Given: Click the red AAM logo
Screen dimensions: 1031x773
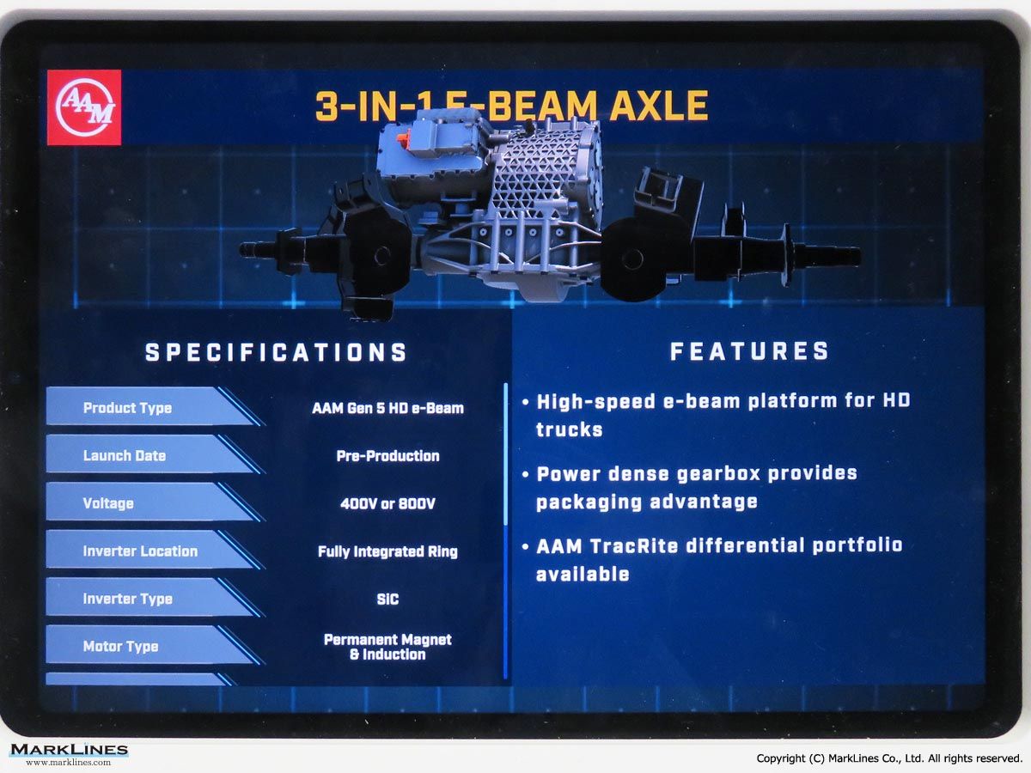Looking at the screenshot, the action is tap(84, 107).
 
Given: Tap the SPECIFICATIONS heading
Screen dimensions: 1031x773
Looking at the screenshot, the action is tap(276, 352).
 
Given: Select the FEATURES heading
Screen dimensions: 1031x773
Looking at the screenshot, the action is tap(749, 351).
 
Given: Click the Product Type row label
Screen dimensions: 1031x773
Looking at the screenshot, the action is tap(127, 408).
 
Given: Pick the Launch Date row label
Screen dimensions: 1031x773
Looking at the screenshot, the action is tap(125, 455).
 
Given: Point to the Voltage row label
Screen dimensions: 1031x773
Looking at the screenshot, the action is tap(108, 503).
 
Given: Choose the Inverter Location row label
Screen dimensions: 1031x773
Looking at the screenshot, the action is tap(140, 551).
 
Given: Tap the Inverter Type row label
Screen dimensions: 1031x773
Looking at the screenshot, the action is tap(128, 599).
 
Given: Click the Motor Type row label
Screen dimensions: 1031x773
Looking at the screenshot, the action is tap(121, 646).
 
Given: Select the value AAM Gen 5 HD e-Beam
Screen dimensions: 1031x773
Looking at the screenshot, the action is tap(387, 408).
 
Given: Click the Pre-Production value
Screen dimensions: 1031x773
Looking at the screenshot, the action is tap(388, 456).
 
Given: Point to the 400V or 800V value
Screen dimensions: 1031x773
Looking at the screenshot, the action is tap(388, 503).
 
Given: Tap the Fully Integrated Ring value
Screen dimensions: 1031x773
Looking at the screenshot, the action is tap(387, 551).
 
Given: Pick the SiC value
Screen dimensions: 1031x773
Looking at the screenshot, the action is tap(387, 599).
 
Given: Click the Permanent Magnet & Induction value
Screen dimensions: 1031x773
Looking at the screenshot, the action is tap(387, 647).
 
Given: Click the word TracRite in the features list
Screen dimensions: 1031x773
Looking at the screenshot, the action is tap(634, 546).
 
